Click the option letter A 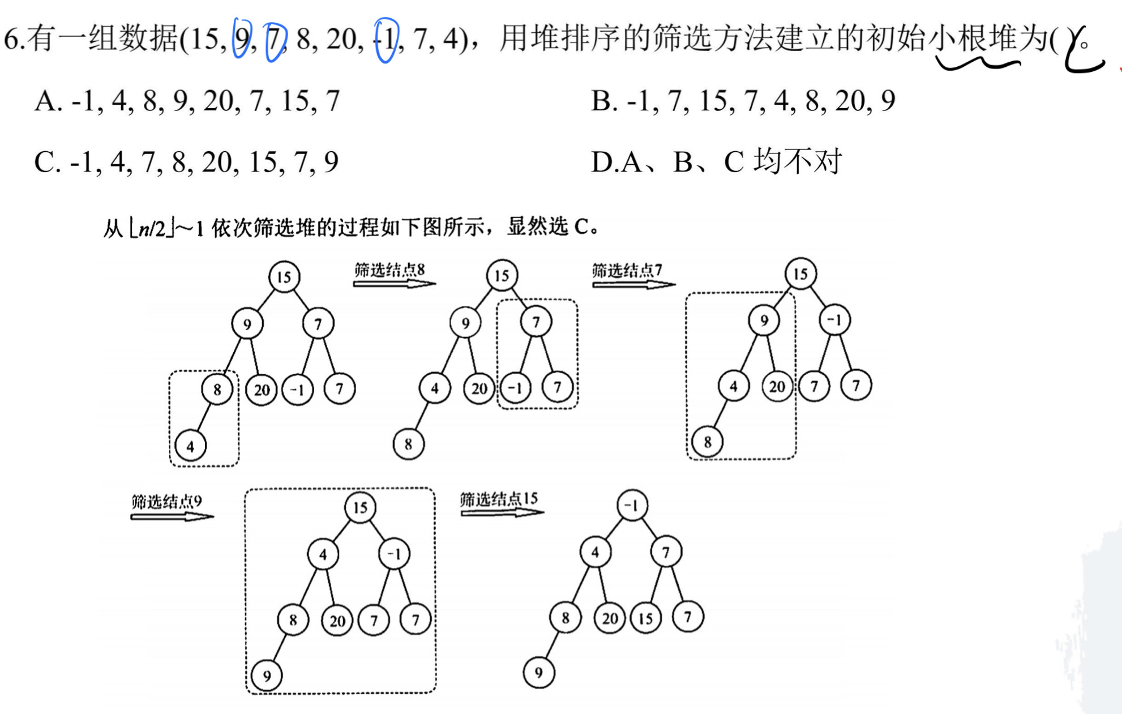[46, 102]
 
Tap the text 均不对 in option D [798, 162]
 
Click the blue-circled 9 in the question [242, 39]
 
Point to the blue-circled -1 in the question [387, 39]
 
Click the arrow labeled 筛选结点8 [394, 284]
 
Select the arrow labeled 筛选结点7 [633, 284]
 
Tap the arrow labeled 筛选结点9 [172, 516]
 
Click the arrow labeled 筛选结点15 [502, 512]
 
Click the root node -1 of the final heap [632, 505]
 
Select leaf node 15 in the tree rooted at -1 [646, 618]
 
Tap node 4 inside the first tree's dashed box [190, 446]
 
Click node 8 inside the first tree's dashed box [217, 389]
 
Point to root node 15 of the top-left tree [284, 277]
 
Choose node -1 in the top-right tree [834, 320]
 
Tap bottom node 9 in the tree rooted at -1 [538, 672]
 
